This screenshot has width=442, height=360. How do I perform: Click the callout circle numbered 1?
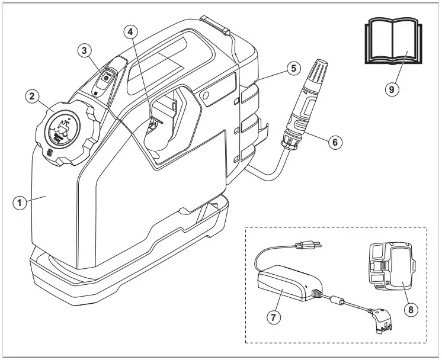point(20,202)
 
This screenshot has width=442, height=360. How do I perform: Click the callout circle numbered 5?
point(292,68)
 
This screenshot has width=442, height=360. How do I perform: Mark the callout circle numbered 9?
point(390,89)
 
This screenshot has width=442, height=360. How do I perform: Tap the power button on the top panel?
point(105,77)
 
